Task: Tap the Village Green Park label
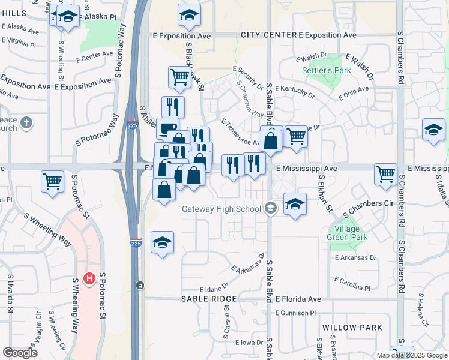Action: pyautogui.click(x=347, y=233)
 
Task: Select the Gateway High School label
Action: pyautogui.click(x=222, y=209)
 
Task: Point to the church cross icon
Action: pyautogui.click(x=25, y=124)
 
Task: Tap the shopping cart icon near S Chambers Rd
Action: pyautogui.click(x=385, y=175)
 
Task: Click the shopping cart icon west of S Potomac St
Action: pyautogui.click(x=53, y=181)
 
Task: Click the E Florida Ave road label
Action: pyautogui.click(x=299, y=299)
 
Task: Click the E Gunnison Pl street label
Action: pyautogui.click(x=295, y=313)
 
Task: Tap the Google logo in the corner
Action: pyautogui.click(x=20, y=353)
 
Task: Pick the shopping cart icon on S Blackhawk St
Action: pyautogui.click(x=179, y=77)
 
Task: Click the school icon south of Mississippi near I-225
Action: pyautogui.click(x=162, y=242)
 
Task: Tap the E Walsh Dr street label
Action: pyautogui.click(x=359, y=67)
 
